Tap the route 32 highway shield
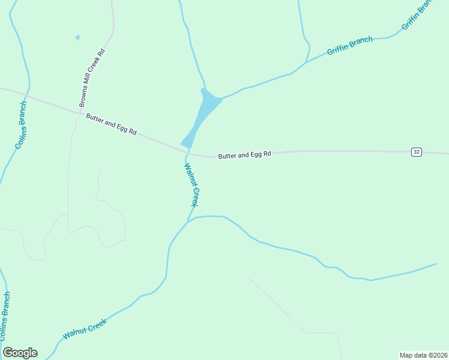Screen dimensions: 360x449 417,152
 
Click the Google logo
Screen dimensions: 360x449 20,353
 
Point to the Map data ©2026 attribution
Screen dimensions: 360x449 423,355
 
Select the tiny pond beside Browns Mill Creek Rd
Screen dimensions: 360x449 77,37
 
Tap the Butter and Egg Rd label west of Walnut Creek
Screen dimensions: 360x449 111,124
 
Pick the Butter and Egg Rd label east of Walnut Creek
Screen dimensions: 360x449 244,155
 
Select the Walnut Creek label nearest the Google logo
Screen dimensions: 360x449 85,329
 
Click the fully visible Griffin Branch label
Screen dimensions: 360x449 349,46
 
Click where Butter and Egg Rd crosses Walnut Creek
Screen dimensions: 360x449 189,152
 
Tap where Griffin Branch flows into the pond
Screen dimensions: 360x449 221,98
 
